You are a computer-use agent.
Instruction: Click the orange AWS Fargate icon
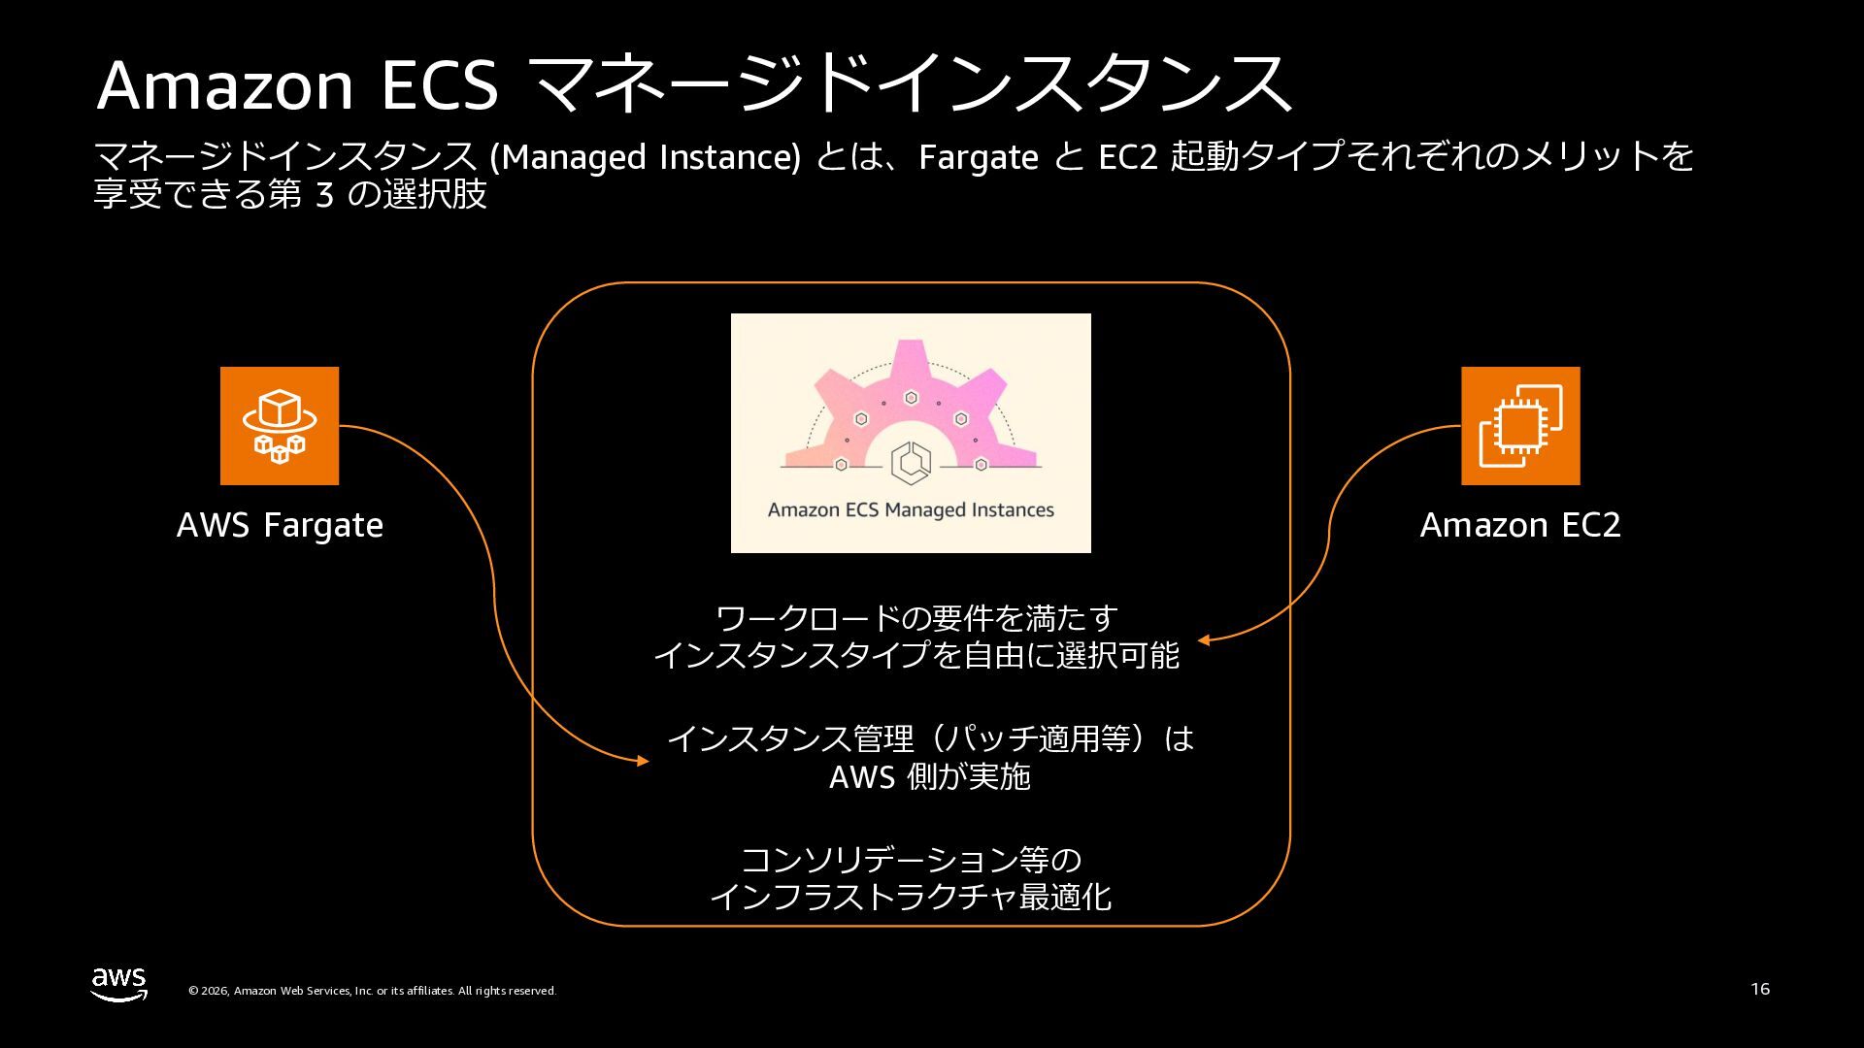[x=280, y=426]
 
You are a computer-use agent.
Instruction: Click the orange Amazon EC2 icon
[x=1520, y=426]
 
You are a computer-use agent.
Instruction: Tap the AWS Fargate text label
[x=280, y=525]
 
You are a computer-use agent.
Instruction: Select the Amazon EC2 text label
[x=1520, y=525]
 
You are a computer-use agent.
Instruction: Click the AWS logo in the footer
[x=119, y=984]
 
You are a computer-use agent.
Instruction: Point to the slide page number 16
[x=1760, y=989]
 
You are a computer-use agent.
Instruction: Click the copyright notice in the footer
[x=372, y=991]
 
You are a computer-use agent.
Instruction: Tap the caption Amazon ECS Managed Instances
[x=911, y=510]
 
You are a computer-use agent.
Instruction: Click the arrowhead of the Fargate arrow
[x=644, y=762]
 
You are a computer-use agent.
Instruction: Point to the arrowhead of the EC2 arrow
[x=1203, y=640]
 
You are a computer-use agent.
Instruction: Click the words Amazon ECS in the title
[x=297, y=85]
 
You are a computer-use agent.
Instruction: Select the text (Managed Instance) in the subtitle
[x=646, y=157]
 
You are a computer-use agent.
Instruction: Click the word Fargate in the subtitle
[x=978, y=157]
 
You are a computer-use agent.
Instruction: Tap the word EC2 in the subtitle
[x=1127, y=157]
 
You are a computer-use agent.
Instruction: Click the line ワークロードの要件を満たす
[x=916, y=618]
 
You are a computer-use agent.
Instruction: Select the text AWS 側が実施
[x=929, y=777]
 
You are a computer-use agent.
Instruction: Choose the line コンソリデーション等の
[x=911, y=860]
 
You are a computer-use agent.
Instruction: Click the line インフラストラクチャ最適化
[x=911, y=898]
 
